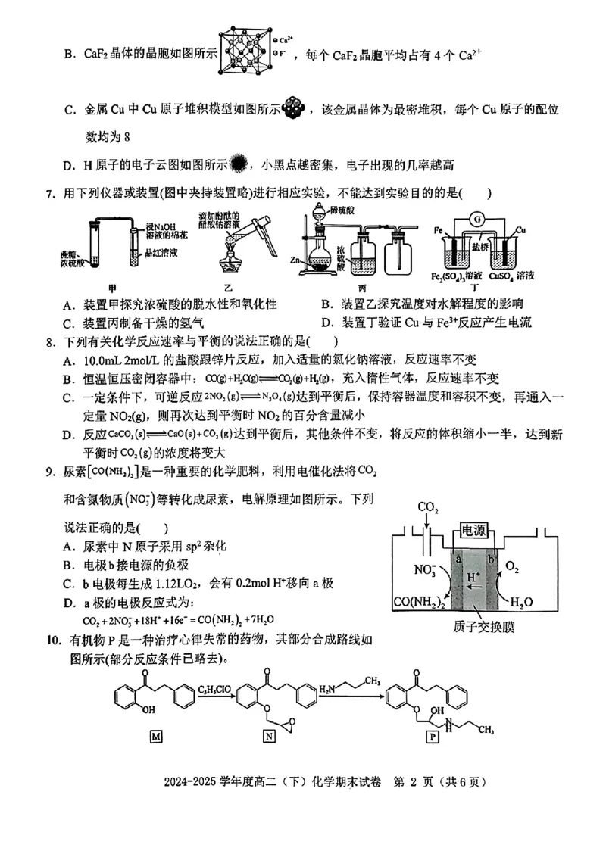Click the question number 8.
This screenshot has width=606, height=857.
click(x=50, y=342)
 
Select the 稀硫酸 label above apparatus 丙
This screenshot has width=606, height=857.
click(x=345, y=214)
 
